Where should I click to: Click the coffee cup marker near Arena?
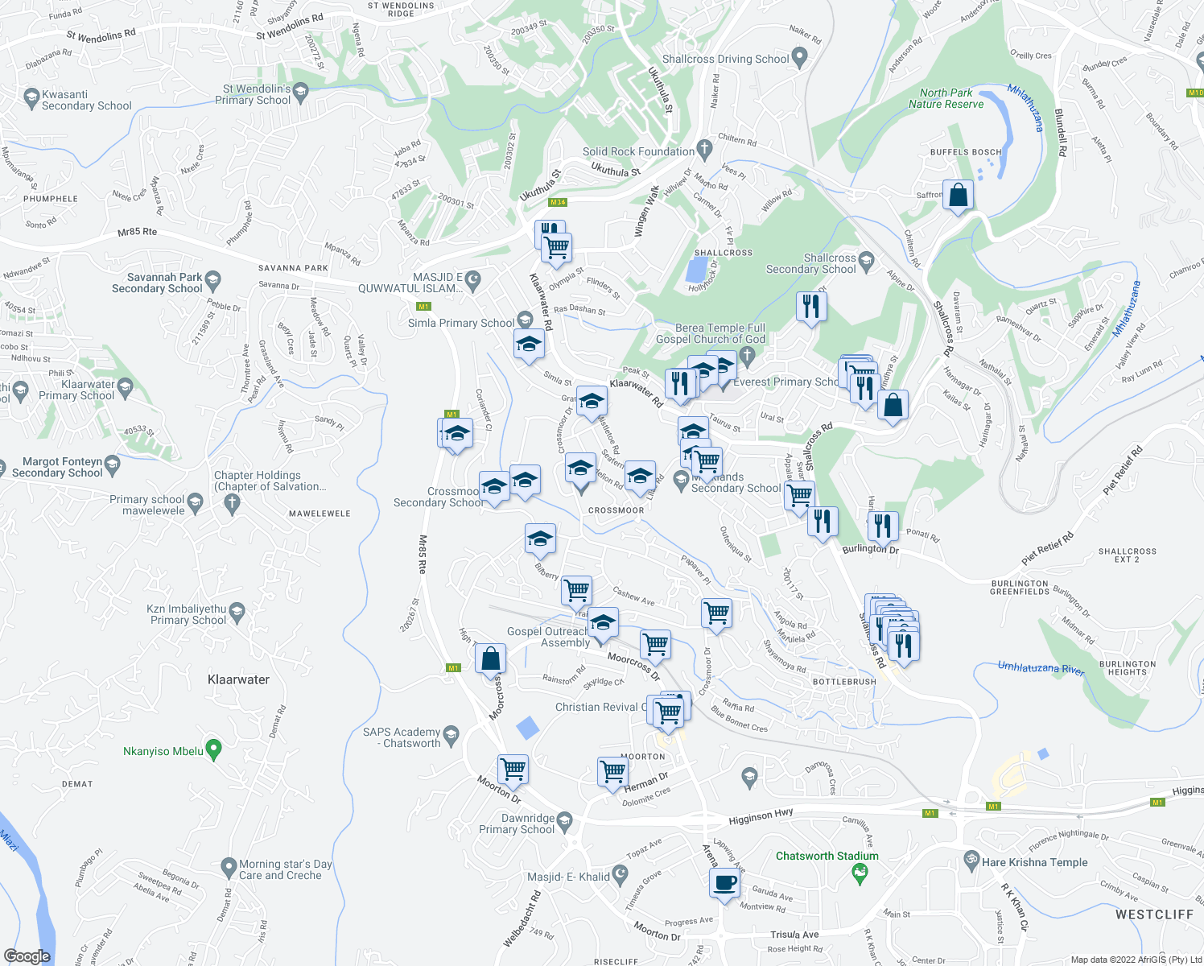click(724, 882)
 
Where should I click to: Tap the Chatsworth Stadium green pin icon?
click(860, 873)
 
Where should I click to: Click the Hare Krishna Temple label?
click(1034, 862)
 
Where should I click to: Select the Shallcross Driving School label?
click(725, 59)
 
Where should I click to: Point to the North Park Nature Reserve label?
click(946, 98)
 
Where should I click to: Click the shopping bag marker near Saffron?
click(958, 196)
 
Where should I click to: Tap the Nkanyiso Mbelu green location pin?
click(213, 749)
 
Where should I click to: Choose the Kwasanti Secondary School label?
click(86, 100)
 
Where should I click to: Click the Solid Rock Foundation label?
click(638, 151)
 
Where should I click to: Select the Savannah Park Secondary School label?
click(157, 283)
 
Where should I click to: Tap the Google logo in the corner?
click(27, 956)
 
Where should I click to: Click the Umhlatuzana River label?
click(1041, 668)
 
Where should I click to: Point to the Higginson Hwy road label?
click(761, 818)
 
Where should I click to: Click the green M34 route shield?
click(558, 203)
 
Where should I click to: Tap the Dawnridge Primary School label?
click(517, 824)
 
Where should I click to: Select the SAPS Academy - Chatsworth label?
click(402, 737)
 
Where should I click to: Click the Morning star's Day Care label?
click(285, 869)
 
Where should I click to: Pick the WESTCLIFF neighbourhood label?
click(1154, 914)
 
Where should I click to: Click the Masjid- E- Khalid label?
click(568, 877)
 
